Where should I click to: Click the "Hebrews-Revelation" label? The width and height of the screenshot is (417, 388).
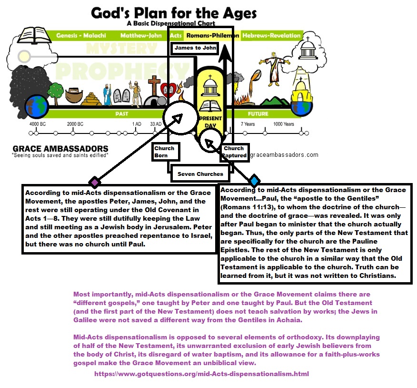[x=271, y=36]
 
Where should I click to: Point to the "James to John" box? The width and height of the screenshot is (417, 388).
[x=195, y=48]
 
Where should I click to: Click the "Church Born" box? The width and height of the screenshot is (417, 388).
[x=164, y=152]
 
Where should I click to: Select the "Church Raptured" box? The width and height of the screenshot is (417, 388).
[x=234, y=152]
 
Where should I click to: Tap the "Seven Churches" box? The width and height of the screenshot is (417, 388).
[x=200, y=174]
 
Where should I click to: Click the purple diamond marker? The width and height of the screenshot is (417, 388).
[x=94, y=182]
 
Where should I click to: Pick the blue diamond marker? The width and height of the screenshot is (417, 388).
[x=254, y=181]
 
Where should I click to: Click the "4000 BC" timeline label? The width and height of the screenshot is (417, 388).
[x=37, y=124]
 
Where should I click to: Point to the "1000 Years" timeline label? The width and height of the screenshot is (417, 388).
[x=283, y=124]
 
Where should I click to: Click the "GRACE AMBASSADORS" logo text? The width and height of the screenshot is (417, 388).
[x=60, y=148]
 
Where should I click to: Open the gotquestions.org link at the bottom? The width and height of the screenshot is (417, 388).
[x=201, y=374]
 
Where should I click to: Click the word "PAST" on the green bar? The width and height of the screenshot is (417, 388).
[x=122, y=114]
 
